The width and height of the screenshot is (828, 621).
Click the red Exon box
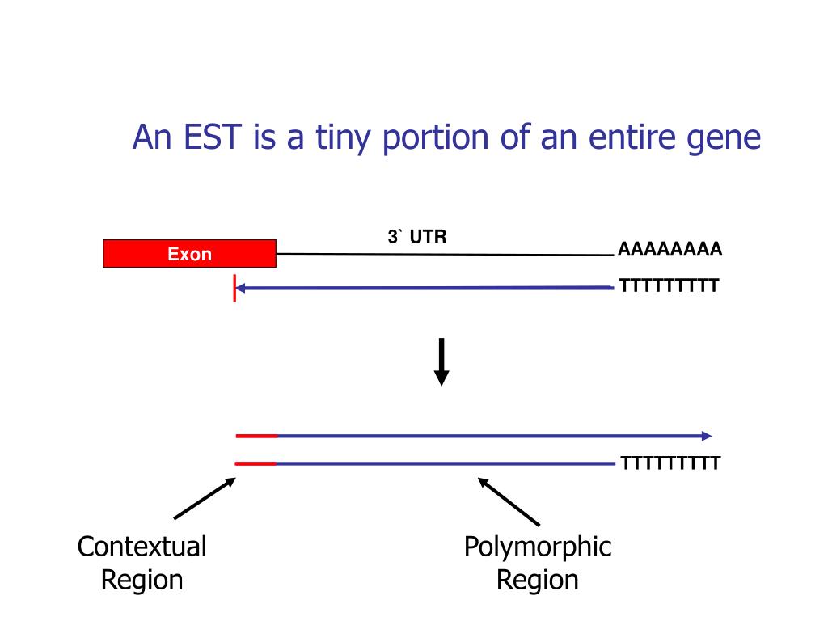189,253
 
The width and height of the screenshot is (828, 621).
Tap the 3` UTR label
416,237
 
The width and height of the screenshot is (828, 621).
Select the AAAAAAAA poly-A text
670,249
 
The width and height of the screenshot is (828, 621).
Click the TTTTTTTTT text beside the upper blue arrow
670,285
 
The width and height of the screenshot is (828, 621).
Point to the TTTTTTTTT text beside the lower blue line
670,463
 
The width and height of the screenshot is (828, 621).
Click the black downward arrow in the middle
441,361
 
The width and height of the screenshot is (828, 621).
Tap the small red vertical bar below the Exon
234,287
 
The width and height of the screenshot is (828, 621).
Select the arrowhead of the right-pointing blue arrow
707,436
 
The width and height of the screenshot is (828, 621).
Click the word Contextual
142,547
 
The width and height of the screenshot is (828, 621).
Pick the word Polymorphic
538,547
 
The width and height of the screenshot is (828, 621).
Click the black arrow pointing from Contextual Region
204,498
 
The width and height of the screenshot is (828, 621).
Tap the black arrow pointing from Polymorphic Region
509,501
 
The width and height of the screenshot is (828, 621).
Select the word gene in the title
726,139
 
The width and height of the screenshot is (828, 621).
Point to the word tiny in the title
339,139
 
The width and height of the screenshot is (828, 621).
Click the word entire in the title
629,137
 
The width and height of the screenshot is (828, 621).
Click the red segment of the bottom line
256,463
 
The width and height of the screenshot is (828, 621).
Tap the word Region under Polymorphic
538,580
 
